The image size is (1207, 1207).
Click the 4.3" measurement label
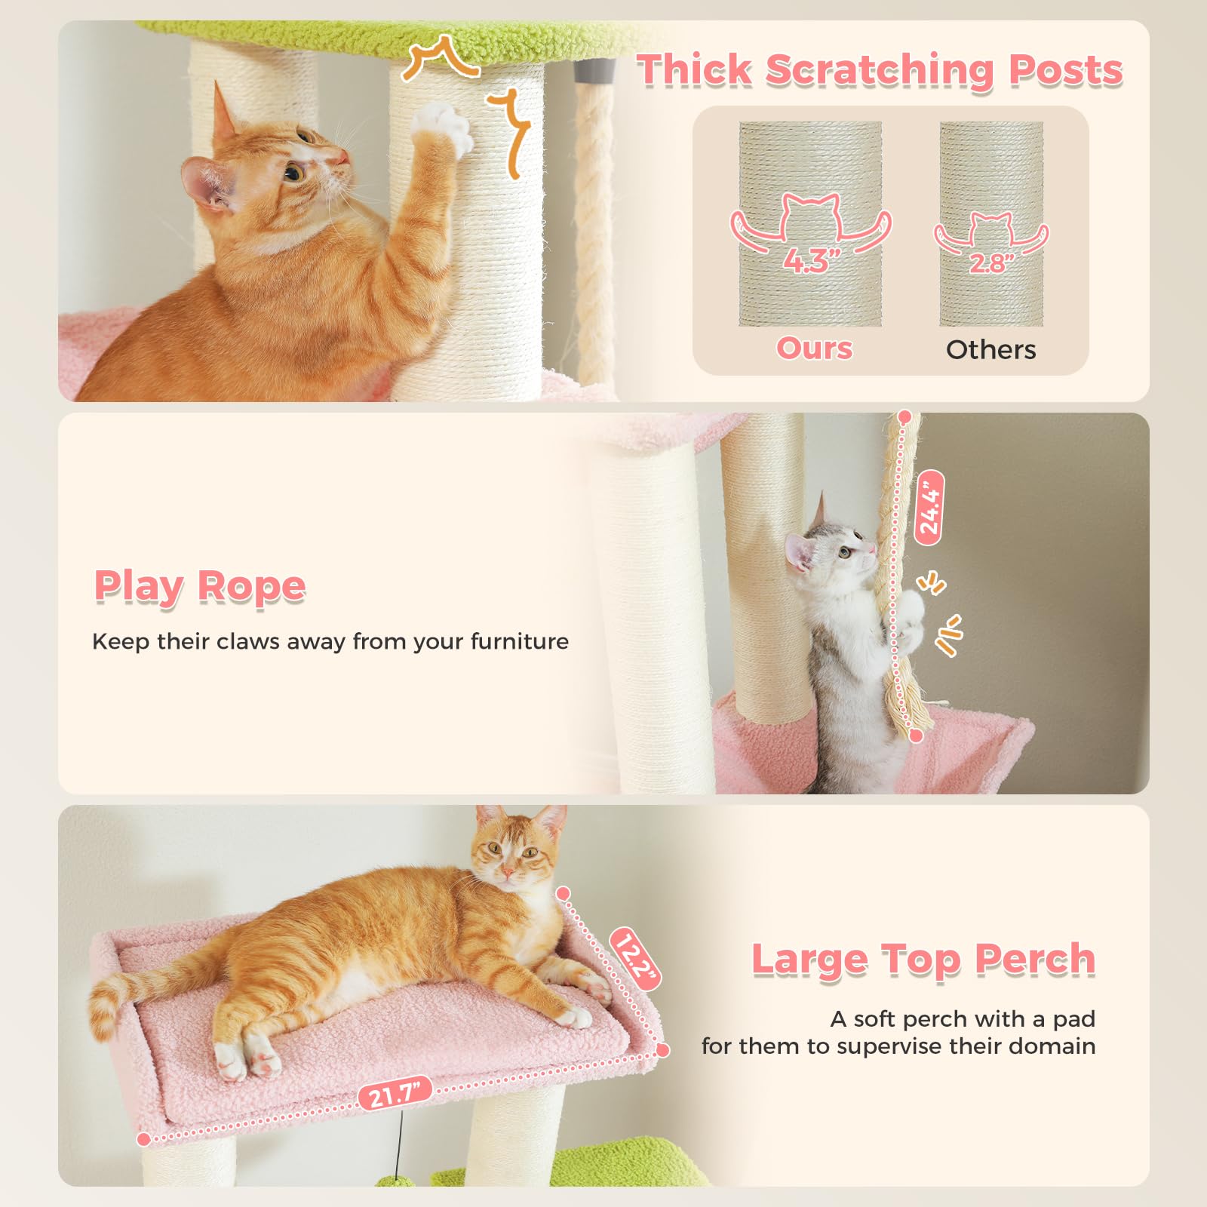[x=812, y=261]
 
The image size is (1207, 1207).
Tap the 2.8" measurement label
[x=991, y=263]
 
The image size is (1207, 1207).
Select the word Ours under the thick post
[x=814, y=349]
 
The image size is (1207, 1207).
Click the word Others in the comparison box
[x=990, y=350]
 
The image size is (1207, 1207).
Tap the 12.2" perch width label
[x=635, y=959]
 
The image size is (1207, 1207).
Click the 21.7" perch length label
[x=395, y=1093]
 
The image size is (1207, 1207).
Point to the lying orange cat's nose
[x=508, y=872]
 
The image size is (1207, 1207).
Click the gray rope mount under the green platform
[x=584, y=72]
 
